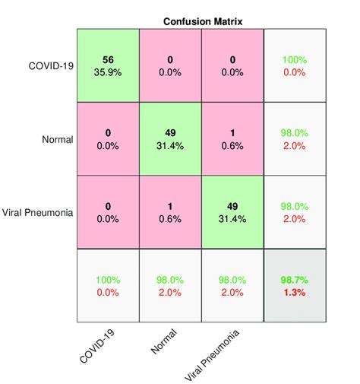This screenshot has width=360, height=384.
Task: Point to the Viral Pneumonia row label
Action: (38, 213)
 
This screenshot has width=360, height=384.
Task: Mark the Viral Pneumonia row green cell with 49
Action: (232, 213)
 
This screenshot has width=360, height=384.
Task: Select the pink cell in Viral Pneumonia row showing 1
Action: (169, 213)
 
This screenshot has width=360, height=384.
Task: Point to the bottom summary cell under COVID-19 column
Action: (108, 286)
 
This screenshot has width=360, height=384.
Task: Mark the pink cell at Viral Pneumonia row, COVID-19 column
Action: (108, 213)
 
